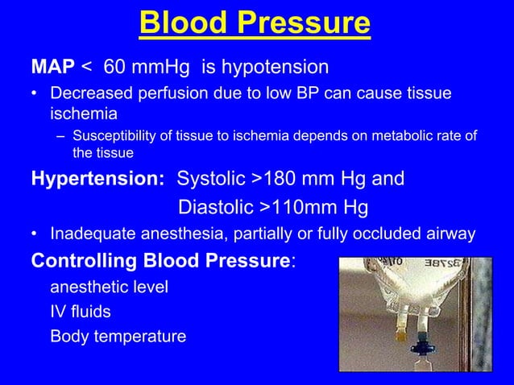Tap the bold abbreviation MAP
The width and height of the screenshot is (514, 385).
[x=52, y=65]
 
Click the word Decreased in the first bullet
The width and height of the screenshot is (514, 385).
[x=91, y=95]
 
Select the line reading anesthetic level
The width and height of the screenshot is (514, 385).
[x=109, y=287]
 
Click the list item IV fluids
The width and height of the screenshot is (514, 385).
[x=81, y=311]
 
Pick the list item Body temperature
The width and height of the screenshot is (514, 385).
[x=118, y=336]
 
